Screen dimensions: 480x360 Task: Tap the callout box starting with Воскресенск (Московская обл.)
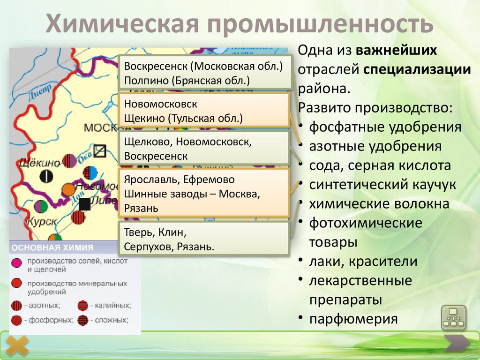click(203, 72)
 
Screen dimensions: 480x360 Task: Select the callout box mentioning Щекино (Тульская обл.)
click(203, 110)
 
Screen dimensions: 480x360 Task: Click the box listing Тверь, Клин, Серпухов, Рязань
click(203, 239)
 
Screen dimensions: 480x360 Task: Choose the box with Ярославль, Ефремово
click(203, 193)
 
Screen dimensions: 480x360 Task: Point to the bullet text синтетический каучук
click(382, 185)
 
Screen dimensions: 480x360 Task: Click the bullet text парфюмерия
click(353, 319)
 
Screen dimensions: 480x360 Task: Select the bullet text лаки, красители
click(363, 262)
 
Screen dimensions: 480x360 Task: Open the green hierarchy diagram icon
click(453, 317)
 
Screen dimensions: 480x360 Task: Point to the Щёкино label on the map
click(40, 163)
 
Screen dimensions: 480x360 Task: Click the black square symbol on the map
click(84, 204)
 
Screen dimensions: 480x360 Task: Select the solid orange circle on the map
click(68, 189)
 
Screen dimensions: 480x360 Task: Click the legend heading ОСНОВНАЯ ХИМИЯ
click(52, 248)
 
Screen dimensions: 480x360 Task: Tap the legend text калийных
click(112, 305)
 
